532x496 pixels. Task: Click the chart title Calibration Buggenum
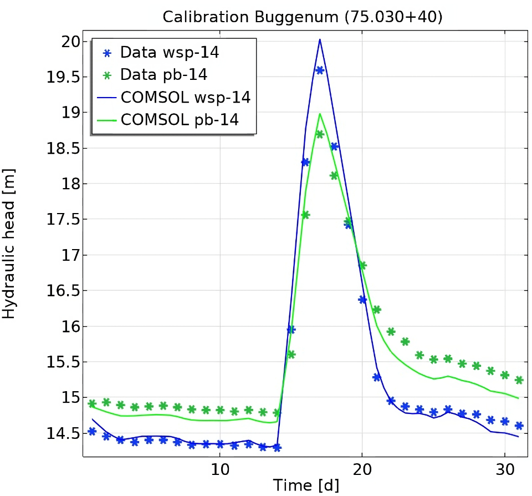(302, 17)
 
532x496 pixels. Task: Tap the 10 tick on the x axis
(219, 469)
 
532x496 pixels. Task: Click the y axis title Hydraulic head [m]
(9, 244)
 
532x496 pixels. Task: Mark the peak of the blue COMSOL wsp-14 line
(320, 39)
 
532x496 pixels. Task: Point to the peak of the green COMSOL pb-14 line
(320, 114)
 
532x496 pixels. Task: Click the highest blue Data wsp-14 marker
(319, 70)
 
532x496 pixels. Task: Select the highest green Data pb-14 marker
(319, 134)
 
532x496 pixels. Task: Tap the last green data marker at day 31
(519, 380)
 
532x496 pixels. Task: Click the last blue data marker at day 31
(519, 426)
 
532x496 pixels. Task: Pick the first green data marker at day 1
(92, 403)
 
